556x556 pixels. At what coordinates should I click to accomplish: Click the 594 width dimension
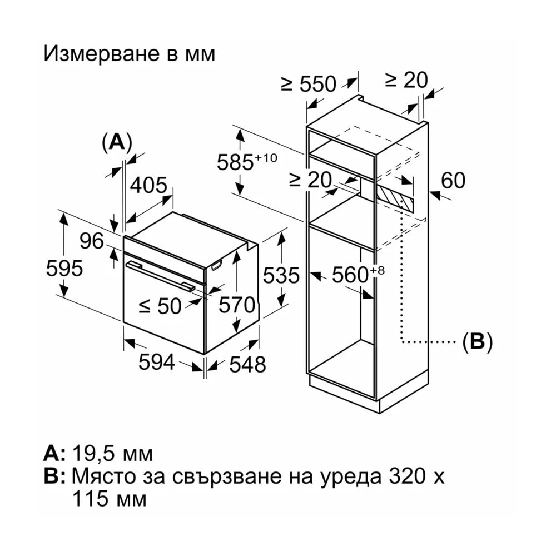point(156,362)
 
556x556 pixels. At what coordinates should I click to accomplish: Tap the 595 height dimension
point(64,268)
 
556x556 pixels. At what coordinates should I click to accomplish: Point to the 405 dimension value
point(148,185)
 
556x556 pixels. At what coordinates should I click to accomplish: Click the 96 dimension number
point(92,241)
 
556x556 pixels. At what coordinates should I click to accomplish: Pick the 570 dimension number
point(237,305)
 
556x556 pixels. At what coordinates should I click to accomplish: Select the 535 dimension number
point(281,275)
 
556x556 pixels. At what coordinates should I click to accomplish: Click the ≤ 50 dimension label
point(160,306)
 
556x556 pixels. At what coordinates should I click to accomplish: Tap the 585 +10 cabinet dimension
point(247,161)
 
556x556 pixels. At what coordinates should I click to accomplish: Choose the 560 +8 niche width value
point(358,274)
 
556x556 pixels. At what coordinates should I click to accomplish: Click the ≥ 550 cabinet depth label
point(309,84)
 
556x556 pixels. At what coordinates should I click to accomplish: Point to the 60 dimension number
point(453,180)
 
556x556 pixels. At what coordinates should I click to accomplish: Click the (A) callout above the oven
point(117,142)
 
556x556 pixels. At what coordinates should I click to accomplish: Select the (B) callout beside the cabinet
point(478,342)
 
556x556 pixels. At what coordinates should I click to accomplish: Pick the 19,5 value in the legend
point(95,454)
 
